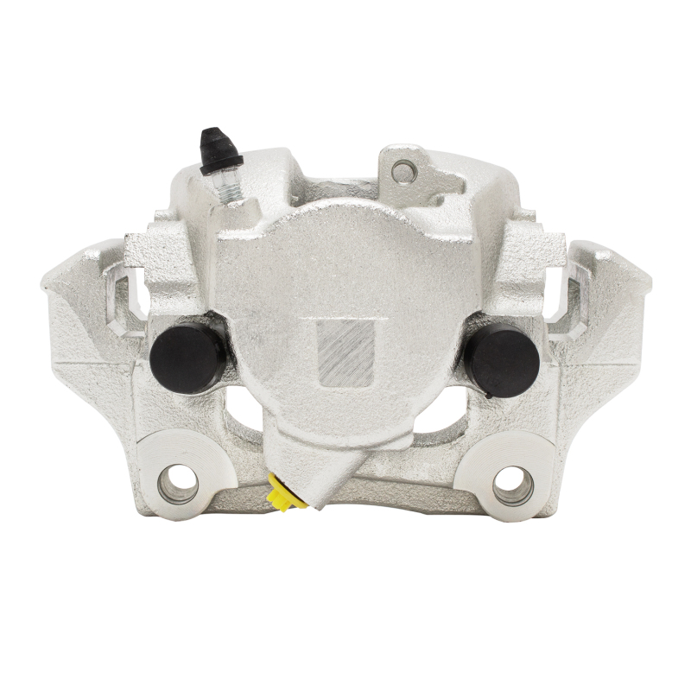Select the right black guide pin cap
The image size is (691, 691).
[x=501, y=357]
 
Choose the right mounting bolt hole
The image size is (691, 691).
[x=513, y=485]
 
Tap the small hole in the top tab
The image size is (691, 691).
[x=403, y=172]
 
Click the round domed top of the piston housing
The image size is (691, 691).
[x=345, y=250]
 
